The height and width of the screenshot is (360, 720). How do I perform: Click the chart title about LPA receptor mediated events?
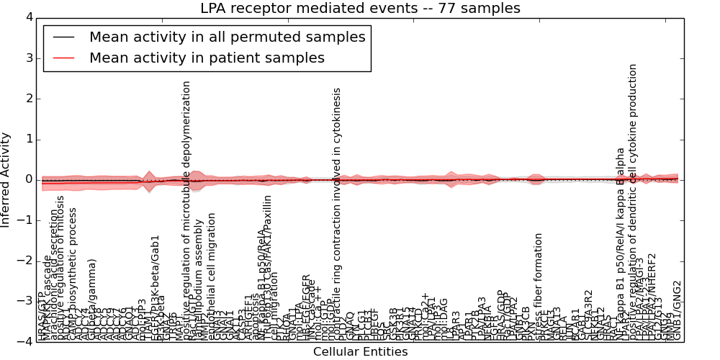tap(360, 9)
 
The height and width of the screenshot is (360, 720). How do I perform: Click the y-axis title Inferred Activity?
tap(6, 179)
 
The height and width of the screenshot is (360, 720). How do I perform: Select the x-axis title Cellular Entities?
tap(360, 352)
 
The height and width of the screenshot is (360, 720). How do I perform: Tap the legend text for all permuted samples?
tap(227, 37)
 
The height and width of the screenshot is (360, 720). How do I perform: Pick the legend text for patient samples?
tap(207, 58)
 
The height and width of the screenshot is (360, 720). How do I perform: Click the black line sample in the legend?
tap(63, 37)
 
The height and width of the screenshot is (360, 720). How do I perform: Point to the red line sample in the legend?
tap(63, 58)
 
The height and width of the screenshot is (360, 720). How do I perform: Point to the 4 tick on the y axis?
tap(28, 17)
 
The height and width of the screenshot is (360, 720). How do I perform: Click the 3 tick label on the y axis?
tap(28, 58)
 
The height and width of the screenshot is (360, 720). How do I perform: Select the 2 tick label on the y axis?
tap(28, 99)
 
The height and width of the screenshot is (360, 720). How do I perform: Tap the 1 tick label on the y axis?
tap(28, 139)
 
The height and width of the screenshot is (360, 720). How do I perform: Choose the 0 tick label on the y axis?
tap(28, 179)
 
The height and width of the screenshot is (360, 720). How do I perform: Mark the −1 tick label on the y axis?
tap(25, 220)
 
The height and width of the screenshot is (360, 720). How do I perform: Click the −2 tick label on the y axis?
tap(25, 261)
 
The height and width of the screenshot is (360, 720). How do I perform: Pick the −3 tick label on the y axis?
tap(25, 301)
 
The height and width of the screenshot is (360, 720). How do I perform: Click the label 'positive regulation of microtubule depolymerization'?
tap(186, 209)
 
